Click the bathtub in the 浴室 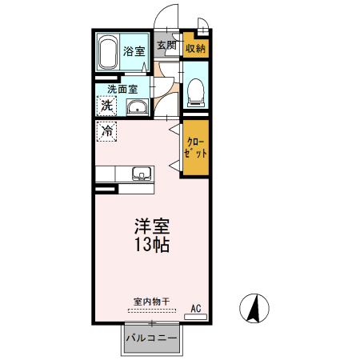point(108,52)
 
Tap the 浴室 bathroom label point(134,51)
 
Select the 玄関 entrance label point(166,45)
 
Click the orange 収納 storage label point(195,49)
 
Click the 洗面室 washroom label point(122,90)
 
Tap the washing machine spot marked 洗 point(106,106)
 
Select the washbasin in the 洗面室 point(138,107)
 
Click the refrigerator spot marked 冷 point(106,131)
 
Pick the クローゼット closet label point(195,148)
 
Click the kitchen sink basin point(142,174)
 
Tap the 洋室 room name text point(152,226)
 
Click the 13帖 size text point(152,244)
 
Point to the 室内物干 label point(151,302)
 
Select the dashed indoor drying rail point(152,310)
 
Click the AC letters point(196,309)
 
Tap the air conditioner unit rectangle point(196,317)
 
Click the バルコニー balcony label point(151,338)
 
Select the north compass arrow point(254,308)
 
